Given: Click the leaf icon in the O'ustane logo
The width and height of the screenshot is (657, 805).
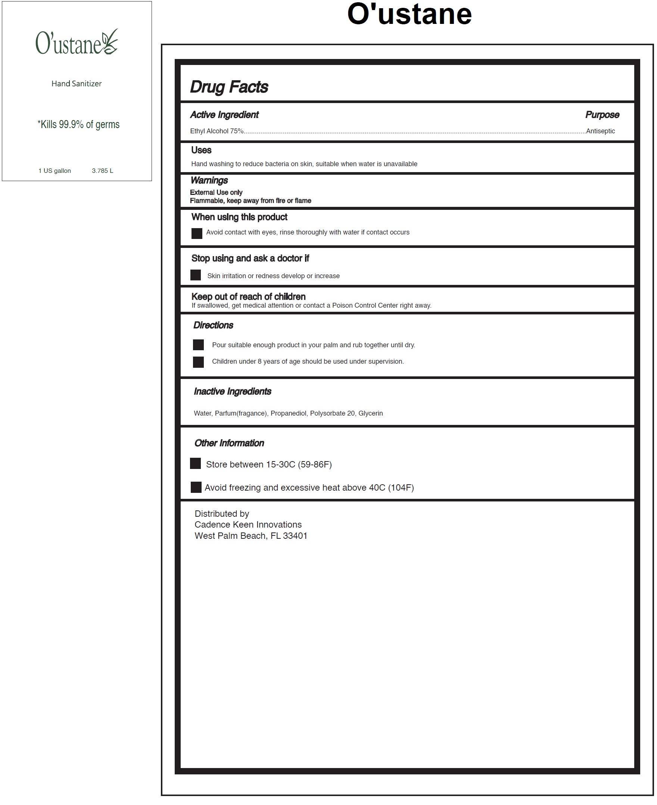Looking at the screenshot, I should (110, 41).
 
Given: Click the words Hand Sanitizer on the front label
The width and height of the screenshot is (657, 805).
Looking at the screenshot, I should (77, 84).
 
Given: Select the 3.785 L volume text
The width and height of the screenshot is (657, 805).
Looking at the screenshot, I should (102, 171).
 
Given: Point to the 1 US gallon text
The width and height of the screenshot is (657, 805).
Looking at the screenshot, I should (55, 171).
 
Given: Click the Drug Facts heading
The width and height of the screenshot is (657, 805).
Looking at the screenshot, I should (229, 87).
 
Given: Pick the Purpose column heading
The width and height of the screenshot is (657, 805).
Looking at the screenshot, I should (602, 115).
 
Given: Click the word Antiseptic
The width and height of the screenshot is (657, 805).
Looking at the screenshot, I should (600, 131).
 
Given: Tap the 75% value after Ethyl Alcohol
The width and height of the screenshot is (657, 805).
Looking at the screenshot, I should (237, 131).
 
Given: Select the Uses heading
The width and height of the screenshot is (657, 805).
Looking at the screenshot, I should (201, 150).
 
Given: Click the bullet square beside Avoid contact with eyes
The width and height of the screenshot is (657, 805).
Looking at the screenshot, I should (197, 233).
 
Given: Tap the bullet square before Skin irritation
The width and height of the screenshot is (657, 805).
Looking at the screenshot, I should (196, 275).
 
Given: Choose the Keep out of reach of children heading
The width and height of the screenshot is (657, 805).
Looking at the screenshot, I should (248, 296).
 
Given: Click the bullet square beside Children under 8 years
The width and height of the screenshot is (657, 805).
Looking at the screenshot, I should (198, 362).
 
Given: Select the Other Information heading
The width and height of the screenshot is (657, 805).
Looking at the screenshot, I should (229, 443).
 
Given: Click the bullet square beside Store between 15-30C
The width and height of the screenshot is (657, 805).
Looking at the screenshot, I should (195, 464).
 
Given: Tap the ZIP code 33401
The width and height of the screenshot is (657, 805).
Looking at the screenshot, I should (295, 536).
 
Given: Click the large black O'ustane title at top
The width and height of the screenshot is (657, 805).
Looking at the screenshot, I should (409, 15).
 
